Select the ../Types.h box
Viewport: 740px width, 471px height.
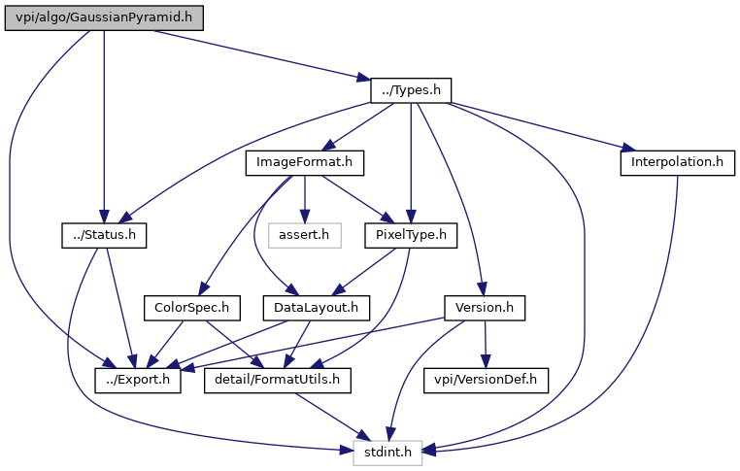pyautogui.click(x=411, y=90)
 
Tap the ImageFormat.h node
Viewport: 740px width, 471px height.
pyautogui.click(x=305, y=162)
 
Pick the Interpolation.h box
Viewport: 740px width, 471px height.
pyautogui.click(x=675, y=162)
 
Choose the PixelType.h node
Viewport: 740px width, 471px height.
pyautogui.click(x=411, y=235)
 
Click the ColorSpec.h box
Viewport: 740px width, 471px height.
pyautogui.click(x=191, y=308)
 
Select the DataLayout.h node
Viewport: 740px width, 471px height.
pyautogui.click(x=311, y=308)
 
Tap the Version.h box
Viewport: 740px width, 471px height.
pyautogui.click(x=485, y=308)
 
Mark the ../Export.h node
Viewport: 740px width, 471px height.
pyautogui.click(x=139, y=380)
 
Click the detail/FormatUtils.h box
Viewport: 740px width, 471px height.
pyautogui.click(x=278, y=380)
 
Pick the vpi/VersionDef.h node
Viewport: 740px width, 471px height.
pyautogui.click(x=487, y=380)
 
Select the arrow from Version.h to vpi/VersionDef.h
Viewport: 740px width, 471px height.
pyautogui.click(x=486, y=344)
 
